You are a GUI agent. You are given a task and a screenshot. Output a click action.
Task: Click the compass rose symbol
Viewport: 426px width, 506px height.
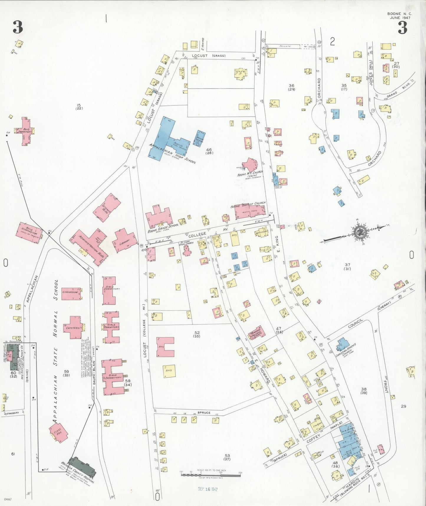pos(360,232)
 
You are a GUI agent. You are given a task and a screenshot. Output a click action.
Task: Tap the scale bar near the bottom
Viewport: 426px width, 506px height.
pos(210,475)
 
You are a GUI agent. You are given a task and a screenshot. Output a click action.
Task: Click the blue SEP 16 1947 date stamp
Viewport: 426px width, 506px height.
pos(208,489)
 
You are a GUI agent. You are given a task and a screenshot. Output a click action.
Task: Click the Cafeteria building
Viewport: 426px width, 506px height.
pos(72,327)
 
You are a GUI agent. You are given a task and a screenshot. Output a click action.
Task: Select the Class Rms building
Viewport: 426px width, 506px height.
pos(58,433)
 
